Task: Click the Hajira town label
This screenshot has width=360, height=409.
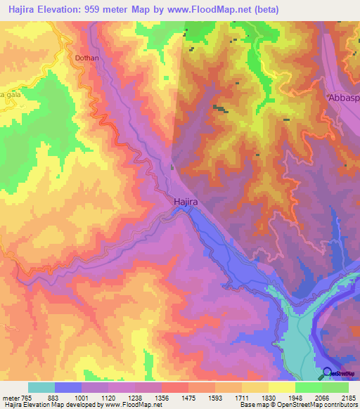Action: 186,202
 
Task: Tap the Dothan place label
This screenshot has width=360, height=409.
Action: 86,60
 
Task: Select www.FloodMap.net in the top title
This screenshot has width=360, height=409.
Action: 210,10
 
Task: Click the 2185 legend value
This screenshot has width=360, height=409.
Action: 349,397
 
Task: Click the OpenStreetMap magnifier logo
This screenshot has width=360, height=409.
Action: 328,372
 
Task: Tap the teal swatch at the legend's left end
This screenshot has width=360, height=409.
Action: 41,387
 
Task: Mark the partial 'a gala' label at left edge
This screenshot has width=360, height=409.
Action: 8,95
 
